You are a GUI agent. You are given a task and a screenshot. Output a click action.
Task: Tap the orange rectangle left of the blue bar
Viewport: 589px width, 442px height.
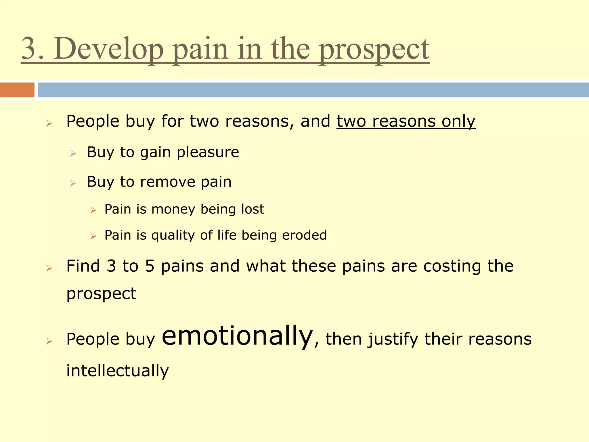[x=17, y=90]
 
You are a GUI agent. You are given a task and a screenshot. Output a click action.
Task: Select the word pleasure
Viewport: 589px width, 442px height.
[x=208, y=152]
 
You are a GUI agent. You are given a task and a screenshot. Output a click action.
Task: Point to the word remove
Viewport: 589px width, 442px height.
[x=167, y=182]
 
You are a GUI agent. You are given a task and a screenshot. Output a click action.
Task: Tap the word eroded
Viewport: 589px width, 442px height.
[x=304, y=235]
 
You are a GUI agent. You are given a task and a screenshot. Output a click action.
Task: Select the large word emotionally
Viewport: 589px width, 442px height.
[x=237, y=336]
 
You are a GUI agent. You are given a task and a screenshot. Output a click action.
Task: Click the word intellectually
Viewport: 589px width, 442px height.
[x=117, y=370]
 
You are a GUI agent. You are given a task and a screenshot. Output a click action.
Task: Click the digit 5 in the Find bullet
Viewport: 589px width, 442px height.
[x=150, y=266]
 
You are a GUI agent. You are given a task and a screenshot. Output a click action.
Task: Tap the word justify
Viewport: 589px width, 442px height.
[x=393, y=339]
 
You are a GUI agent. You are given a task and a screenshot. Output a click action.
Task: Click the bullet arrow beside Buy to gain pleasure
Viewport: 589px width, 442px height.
[x=73, y=154]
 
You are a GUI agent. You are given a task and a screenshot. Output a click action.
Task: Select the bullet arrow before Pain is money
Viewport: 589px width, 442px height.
[x=93, y=210]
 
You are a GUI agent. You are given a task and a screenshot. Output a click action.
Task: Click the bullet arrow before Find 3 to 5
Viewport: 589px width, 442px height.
[x=49, y=268]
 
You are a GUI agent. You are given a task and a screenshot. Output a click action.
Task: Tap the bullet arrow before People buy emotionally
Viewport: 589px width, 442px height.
[x=49, y=341]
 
